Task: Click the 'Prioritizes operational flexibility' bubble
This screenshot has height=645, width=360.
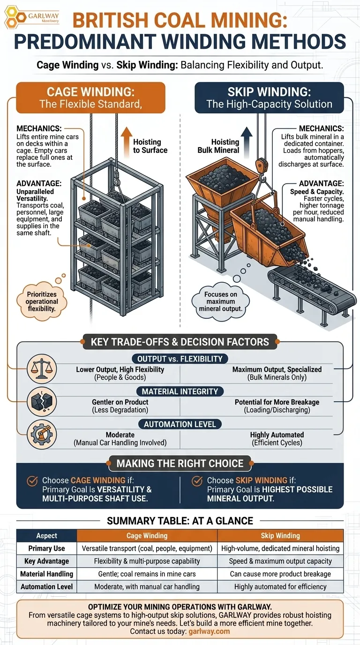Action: coord(42,301)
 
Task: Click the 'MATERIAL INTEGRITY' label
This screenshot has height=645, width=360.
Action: coord(180,391)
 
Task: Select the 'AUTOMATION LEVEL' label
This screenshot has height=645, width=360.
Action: coord(180,424)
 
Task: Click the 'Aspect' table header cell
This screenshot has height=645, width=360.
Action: coord(46,535)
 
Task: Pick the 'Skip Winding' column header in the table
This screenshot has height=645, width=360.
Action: coord(280,535)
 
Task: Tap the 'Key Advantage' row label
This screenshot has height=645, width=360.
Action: coord(46,561)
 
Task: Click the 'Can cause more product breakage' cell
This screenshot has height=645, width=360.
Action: coord(280,574)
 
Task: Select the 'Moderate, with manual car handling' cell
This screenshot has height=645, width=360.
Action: coord(147,586)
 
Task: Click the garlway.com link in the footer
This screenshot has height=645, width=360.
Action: coord(209,631)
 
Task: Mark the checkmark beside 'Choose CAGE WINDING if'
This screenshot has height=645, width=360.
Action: coord(32,480)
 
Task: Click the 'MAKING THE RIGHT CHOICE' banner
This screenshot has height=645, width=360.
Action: coord(180,464)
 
